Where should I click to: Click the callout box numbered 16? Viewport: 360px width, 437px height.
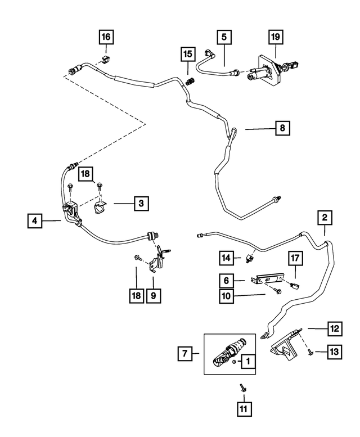click(106, 38)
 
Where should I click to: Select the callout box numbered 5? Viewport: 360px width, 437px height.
click(224, 38)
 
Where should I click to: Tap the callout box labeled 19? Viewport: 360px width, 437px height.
click(276, 38)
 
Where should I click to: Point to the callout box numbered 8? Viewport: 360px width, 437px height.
click(282, 129)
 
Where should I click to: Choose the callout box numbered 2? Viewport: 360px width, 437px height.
click(324, 217)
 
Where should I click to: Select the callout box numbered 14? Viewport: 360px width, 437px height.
click(226, 258)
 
